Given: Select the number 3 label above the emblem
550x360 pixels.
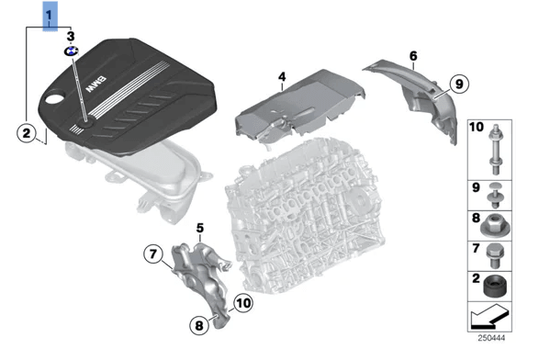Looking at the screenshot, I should (x=70, y=35).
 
